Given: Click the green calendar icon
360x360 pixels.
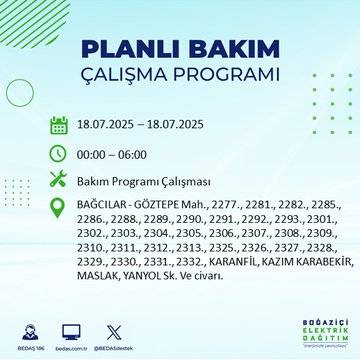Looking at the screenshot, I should [x=59, y=125].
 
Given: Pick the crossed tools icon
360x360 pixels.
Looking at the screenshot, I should [x=59, y=181].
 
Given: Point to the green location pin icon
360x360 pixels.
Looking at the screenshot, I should [x=59, y=208].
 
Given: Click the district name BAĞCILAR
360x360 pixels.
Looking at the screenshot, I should [x=103, y=206].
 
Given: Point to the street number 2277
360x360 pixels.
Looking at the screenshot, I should [x=226, y=206].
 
